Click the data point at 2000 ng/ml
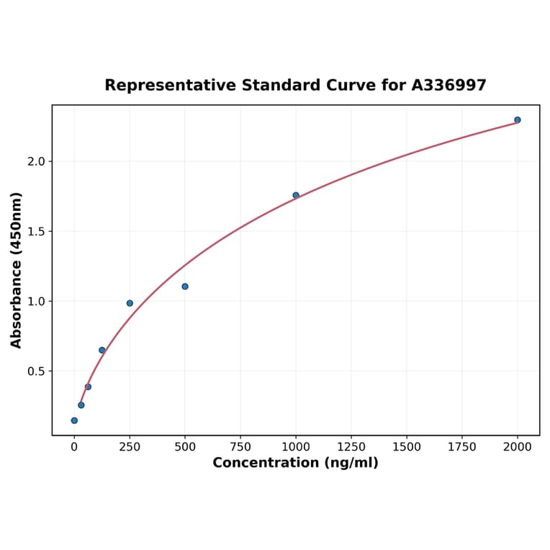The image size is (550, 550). (518, 120)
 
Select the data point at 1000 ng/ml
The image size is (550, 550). (296, 195)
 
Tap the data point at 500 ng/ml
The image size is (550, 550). (185, 287)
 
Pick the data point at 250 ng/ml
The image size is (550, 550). (130, 303)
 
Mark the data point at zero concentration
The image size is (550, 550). (74, 420)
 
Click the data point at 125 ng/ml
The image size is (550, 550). (102, 350)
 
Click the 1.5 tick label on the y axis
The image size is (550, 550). (36, 231)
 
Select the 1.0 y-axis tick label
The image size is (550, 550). (36, 301)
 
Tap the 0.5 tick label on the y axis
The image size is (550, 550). (36, 371)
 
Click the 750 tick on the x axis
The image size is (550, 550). (240, 446)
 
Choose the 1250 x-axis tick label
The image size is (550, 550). (351, 446)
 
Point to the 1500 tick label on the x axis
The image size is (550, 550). (407, 446)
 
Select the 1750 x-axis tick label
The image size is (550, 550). (462, 446)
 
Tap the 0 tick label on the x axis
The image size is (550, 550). (74, 446)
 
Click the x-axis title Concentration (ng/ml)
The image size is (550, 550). (295, 463)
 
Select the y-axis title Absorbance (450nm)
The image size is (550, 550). (17, 270)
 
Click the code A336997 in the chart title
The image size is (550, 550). (448, 86)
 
